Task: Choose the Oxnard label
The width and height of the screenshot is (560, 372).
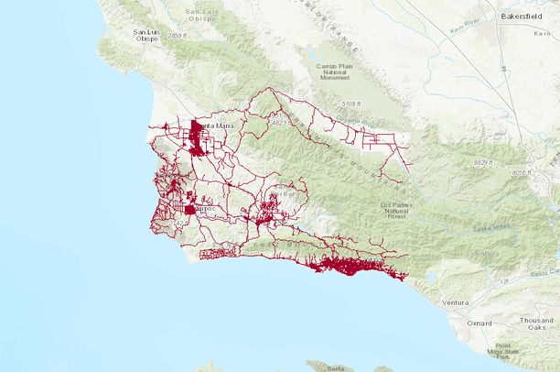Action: click(479, 323)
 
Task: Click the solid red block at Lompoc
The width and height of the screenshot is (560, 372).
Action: click(189, 210)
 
